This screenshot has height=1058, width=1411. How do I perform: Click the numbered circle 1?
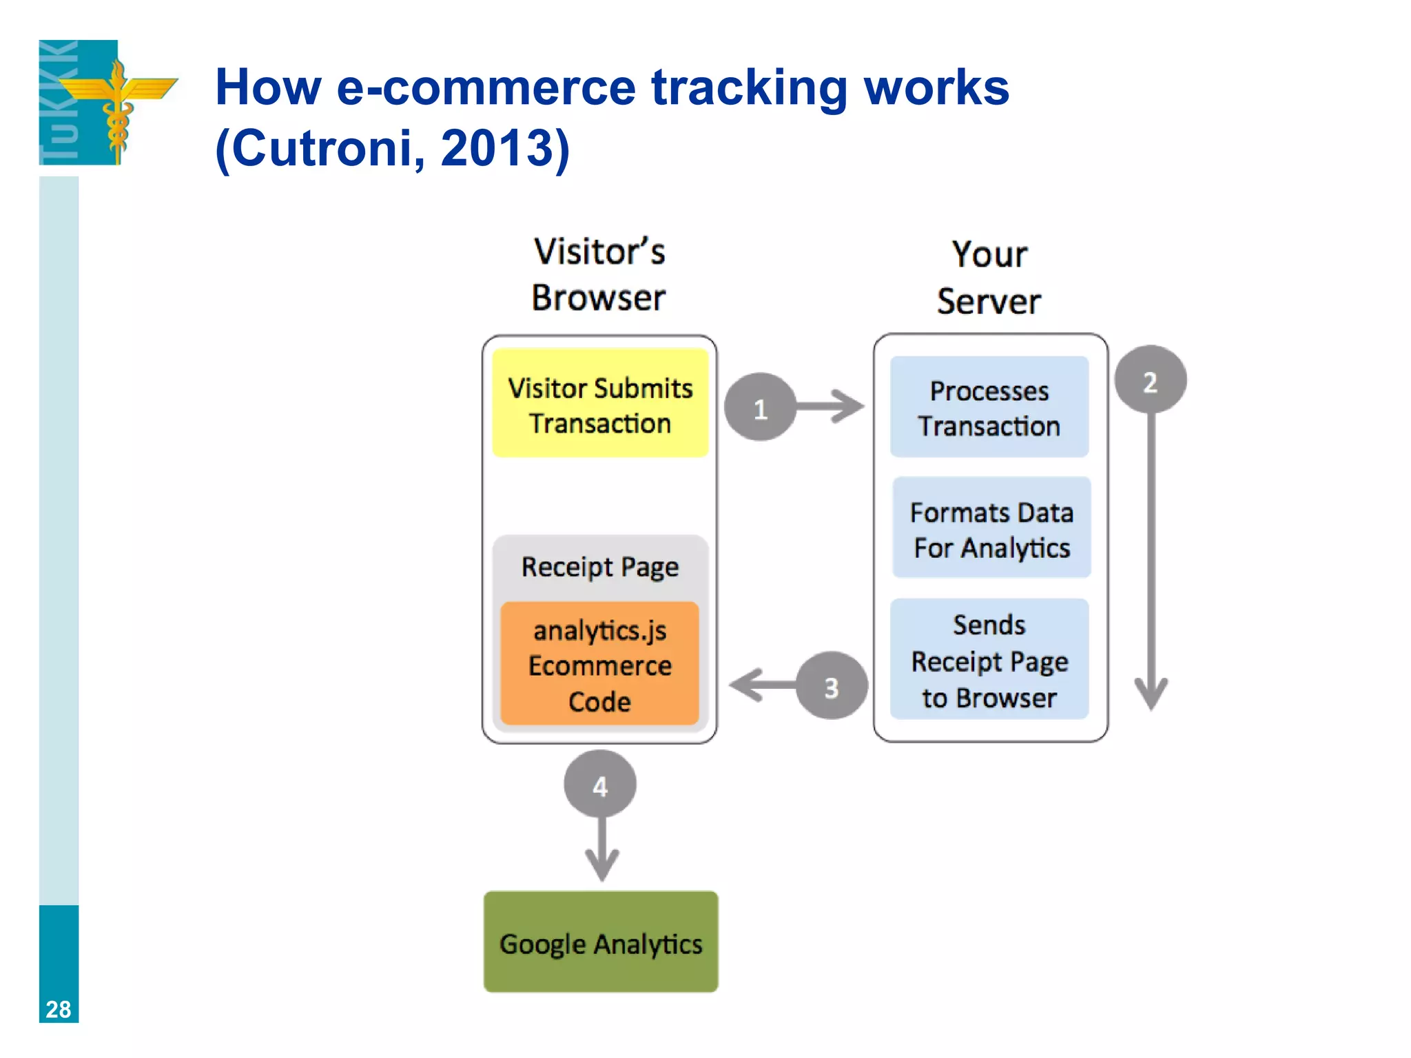pos(760,408)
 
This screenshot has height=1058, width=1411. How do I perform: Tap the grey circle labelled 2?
pos(1151,380)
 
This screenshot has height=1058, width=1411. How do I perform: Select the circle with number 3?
pos(832,686)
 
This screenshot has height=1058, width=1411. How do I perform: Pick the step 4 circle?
pos(600,785)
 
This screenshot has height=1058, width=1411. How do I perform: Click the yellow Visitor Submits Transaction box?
pos(600,404)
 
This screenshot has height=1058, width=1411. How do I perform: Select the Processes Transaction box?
pos(989,407)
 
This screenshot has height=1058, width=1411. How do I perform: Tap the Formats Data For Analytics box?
pos(991,528)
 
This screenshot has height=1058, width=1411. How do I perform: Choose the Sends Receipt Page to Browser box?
pos(989,660)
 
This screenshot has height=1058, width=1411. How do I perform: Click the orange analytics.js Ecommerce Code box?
pos(600,664)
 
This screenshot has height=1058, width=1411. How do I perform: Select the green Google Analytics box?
pos(601,942)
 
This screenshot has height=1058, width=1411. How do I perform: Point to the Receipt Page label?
pos(600,567)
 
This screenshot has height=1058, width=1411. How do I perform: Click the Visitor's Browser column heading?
pos(599,274)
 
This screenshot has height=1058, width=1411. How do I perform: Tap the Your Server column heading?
pos(989,277)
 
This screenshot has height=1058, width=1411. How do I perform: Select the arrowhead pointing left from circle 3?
pos(746,685)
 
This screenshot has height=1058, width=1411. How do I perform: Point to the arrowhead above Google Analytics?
pos(601,865)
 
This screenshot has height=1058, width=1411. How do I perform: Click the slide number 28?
pos(59,1009)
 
